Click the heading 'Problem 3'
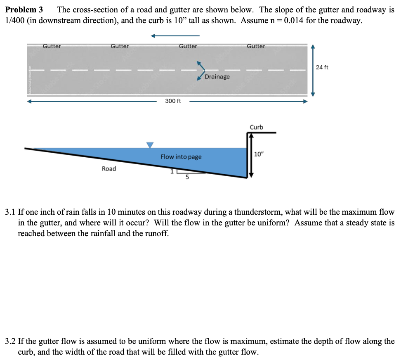point(24,9)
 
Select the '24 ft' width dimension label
point(322,67)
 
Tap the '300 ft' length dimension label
point(173,101)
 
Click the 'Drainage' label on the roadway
point(217,77)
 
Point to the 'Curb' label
point(256,127)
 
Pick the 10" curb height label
point(259,154)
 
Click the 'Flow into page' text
point(181,157)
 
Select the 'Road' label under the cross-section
point(109,168)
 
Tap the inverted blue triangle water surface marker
point(150,144)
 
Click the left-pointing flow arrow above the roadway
point(175,36)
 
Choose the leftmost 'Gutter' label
point(52,46)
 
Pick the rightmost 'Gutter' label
point(256,46)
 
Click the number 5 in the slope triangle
point(187,178)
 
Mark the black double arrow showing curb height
point(249,156)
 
